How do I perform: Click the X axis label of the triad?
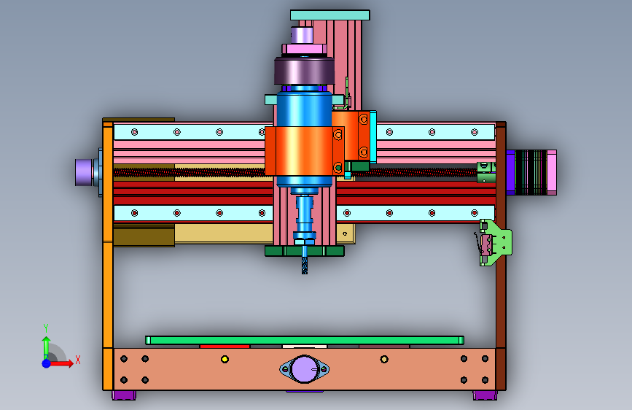click(x=78, y=360)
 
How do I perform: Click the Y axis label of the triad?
click(x=46, y=328)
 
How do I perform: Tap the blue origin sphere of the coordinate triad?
click(x=47, y=363)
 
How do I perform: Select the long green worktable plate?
click(x=304, y=340)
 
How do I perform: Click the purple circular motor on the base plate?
click(x=304, y=369)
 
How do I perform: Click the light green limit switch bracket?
click(x=496, y=242)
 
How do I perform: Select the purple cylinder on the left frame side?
click(x=84, y=172)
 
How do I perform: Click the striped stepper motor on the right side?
click(x=531, y=172)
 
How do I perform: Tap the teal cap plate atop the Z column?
click(x=329, y=15)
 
